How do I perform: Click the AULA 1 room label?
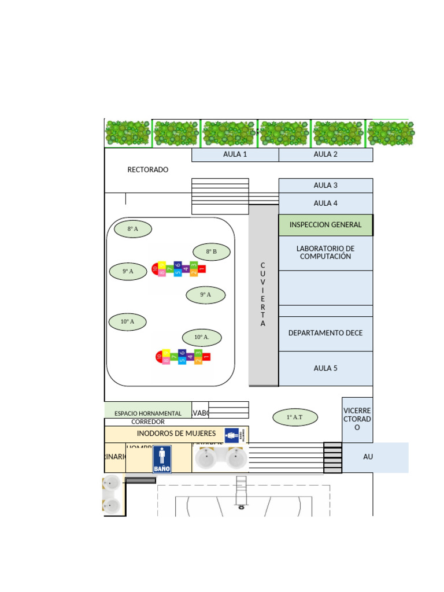[235, 154]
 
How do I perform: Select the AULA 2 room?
[325, 154]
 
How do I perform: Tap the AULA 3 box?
[325, 186]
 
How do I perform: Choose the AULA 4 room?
[325, 203]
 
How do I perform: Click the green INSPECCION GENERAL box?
[325, 225]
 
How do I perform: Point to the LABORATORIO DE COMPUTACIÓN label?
[325, 253]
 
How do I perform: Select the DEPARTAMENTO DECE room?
[325, 334]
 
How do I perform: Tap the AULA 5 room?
[325, 368]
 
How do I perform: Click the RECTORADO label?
[148, 170]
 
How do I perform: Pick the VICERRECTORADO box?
[357, 419]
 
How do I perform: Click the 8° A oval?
[132, 230]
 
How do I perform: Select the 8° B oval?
[212, 252]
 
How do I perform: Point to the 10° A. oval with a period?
[202, 338]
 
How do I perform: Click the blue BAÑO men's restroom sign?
[162, 460]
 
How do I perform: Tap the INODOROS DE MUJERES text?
[176, 434]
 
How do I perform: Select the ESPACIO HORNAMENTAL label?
[148, 413]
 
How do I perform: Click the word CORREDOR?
[148, 422]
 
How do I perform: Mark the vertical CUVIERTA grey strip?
[263, 295]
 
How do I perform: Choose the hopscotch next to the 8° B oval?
[179, 268]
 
